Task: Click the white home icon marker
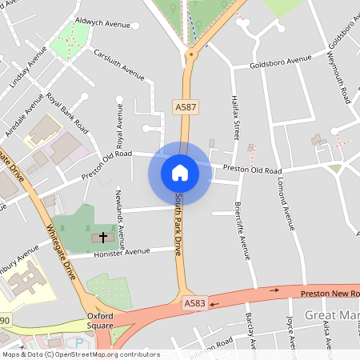click(179, 172)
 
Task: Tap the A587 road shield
click(186, 106)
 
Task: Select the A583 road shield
click(195, 303)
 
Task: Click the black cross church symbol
click(102, 238)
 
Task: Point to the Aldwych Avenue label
click(102, 24)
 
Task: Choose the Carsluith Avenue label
click(119, 66)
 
